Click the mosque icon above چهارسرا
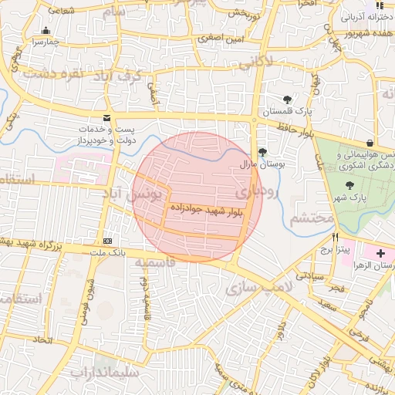point(45,32)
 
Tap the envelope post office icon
point(106,117)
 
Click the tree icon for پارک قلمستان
point(288,100)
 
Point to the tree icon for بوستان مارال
point(262,152)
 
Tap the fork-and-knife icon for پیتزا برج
point(335,238)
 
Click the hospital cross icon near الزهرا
point(380,253)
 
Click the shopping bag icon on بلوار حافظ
point(370,142)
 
